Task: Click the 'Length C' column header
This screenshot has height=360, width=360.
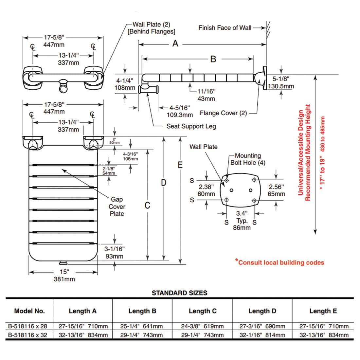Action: [x=203, y=311]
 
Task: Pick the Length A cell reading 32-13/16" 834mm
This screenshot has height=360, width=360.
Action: [x=83, y=335]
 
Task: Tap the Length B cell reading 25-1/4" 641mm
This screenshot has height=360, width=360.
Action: [x=141, y=326]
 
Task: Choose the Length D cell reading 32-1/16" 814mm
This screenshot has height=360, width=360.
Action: [x=262, y=335]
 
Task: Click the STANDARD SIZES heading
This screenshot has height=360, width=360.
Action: [x=179, y=293]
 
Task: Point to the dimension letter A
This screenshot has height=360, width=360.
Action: [x=175, y=44]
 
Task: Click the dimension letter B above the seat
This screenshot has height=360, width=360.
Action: [x=213, y=59]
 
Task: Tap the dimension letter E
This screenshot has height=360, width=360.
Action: [x=180, y=165]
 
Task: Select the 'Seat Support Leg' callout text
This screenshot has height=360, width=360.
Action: [x=191, y=126]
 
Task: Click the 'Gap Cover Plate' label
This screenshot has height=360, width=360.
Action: [x=117, y=207]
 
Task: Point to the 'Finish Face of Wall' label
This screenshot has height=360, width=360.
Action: [x=225, y=28]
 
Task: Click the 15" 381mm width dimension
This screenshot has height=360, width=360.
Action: [x=64, y=275]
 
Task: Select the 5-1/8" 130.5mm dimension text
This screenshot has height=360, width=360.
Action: [x=281, y=82]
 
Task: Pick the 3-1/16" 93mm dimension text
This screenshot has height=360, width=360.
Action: [x=114, y=252]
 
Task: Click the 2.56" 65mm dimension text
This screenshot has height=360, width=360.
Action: [x=276, y=190]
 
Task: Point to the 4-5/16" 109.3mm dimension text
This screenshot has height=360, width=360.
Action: [x=180, y=111]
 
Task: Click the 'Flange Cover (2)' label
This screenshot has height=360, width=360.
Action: [x=223, y=113]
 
